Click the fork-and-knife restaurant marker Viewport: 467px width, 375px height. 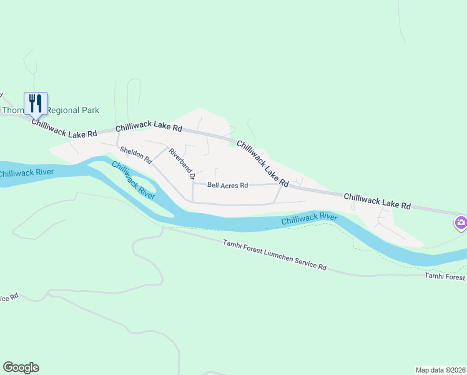36,104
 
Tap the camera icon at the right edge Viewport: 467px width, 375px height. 461,222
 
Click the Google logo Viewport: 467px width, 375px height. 21,367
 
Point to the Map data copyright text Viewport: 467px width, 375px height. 440,369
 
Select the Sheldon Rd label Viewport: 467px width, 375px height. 135,155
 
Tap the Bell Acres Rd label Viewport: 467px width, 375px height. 228,186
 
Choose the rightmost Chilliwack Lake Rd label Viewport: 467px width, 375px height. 377,201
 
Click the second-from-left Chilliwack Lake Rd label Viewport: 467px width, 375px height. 149,127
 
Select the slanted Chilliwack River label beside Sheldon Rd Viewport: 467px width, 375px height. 133,179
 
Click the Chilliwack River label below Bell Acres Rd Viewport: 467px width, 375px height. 309,219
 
